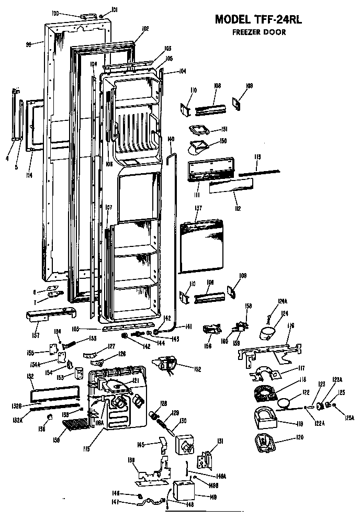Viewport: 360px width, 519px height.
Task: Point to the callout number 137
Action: [x=198, y=209]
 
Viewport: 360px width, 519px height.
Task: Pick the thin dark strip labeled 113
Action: [x=260, y=171]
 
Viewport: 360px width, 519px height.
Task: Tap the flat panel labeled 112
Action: [x=231, y=185]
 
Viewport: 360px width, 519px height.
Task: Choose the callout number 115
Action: [x=86, y=448]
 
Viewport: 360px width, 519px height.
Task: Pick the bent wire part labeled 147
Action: [x=149, y=502]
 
